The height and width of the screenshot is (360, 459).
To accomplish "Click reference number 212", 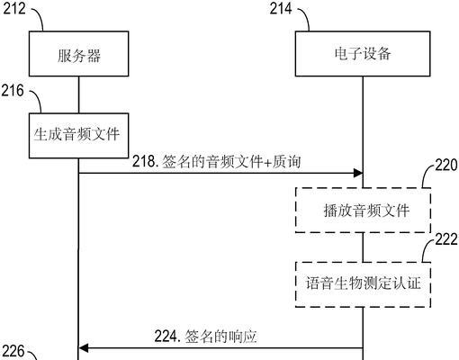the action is click(x=14, y=8).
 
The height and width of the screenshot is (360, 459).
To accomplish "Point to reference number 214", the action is click(x=281, y=8).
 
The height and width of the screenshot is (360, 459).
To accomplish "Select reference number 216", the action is click(x=13, y=90).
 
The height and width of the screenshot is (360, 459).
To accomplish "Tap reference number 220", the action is click(x=446, y=165).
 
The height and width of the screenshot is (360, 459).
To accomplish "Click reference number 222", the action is click(x=446, y=239).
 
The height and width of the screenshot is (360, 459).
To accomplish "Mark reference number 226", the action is click(x=13, y=351).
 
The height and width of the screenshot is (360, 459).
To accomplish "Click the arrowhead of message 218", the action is click(x=358, y=173).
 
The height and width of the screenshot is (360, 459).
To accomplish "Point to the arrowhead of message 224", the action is click(x=83, y=348).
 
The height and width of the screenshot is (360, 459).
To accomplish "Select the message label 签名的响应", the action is click(x=220, y=337).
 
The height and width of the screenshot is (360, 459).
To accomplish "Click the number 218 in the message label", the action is click(x=144, y=162).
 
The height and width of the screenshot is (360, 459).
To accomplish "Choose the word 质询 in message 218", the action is click(x=286, y=162).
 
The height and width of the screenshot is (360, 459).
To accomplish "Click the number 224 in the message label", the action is click(x=166, y=337).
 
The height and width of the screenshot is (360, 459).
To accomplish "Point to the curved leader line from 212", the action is click(x=40, y=17).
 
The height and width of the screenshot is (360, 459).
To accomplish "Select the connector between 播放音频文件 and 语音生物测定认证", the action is click(x=363, y=247).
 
